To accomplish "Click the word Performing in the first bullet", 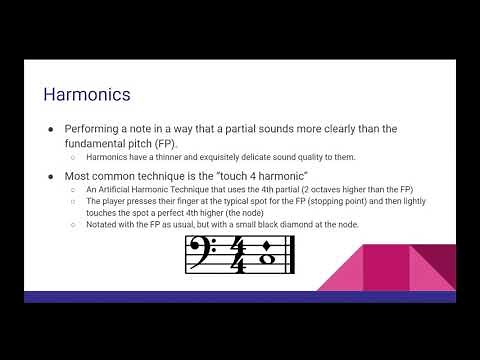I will [x=98, y=129].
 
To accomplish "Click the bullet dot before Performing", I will [x=51, y=130].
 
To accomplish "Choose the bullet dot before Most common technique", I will [x=51, y=177].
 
